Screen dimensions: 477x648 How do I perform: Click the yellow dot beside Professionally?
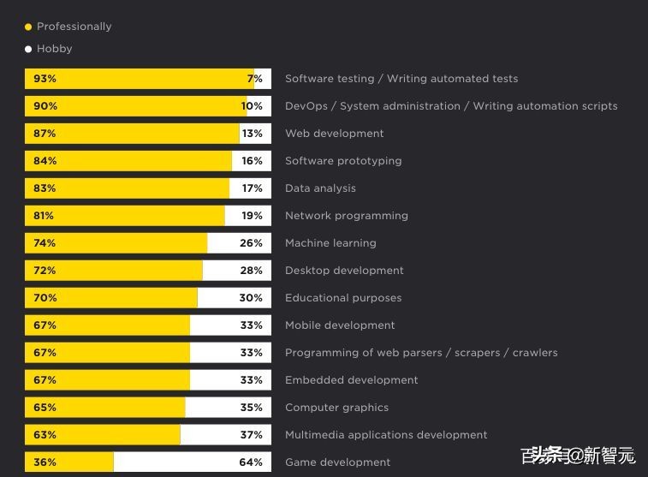tap(28, 27)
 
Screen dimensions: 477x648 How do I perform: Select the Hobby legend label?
tap(54, 49)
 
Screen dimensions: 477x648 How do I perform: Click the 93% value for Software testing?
tap(45, 79)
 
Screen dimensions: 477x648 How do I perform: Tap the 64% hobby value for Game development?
tap(251, 462)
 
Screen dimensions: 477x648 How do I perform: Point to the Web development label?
tap(334, 134)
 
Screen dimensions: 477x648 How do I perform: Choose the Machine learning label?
tap(330, 243)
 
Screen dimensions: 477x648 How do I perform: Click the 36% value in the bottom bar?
tap(45, 462)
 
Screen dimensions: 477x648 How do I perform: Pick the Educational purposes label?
tap(343, 298)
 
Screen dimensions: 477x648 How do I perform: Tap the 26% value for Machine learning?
tap(251, 243)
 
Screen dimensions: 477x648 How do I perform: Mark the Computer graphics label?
tap(336, 408)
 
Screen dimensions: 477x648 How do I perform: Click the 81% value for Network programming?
tap(44, 216)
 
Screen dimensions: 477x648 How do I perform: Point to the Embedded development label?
tap(351, 380)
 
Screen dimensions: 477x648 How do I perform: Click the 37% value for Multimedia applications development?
tap(251, 435)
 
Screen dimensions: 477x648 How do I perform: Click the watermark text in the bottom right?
tap(582, 455)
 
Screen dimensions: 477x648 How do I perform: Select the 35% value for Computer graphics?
tap(251, 408)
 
